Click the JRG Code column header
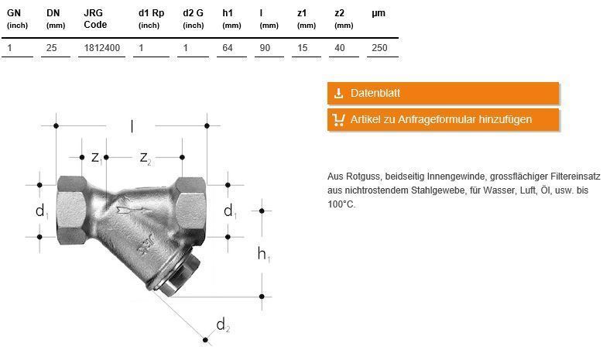(95, 19)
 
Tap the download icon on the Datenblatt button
(338, 94)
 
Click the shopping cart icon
(338, 120)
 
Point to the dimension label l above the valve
(132, 125)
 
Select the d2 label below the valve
(222, 325)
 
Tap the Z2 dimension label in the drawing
(145, 158)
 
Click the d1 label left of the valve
(42, 211)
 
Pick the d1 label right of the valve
(229, 211)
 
